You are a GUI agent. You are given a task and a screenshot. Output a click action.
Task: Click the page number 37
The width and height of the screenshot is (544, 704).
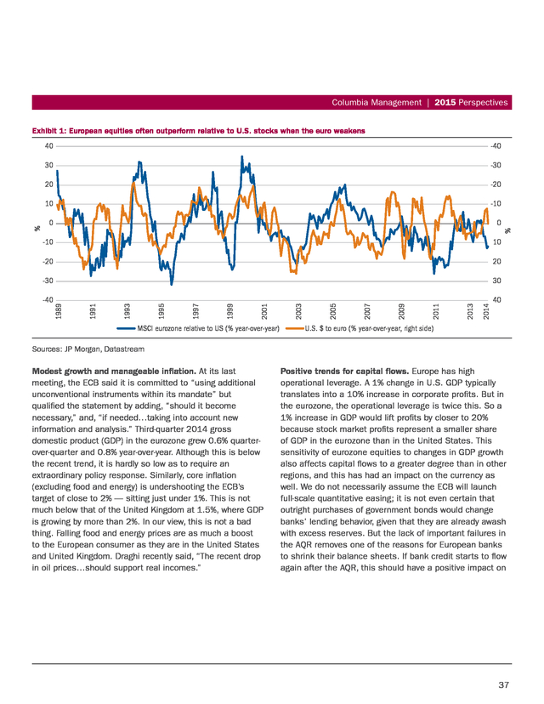tap(503, 684)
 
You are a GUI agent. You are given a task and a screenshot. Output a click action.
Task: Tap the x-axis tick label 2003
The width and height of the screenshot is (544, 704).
tap(299, 311)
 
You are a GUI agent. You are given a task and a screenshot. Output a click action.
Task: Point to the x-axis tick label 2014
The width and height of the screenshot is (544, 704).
tap(485, 311)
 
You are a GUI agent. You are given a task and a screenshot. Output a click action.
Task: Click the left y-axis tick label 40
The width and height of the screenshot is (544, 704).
tap(49, 146)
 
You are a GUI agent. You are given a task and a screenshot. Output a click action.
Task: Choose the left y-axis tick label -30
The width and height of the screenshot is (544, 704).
tap(48, 281)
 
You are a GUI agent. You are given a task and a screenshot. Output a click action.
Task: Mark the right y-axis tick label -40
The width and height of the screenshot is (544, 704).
tap(496, 146)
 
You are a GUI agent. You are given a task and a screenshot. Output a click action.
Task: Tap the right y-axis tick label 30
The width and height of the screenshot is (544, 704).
tap(496, 281)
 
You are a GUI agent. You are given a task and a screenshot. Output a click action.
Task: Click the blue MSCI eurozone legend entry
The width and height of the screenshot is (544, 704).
tap(198, 329)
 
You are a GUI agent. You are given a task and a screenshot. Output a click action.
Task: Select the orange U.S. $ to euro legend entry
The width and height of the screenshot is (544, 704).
tap(360, 329)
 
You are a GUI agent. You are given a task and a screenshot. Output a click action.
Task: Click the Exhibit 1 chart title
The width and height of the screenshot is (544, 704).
tap(198, 131)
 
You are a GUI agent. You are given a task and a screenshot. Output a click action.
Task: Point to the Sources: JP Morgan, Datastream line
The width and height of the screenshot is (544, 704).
tap(88, 349)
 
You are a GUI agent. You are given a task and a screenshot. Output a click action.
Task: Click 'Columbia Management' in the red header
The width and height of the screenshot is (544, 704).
tap(377, 102)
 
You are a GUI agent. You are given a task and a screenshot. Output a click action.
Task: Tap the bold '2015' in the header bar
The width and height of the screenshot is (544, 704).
tap(445, 102)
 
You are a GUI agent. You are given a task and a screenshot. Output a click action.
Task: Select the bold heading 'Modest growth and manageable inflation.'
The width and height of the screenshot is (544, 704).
tap(114, 372)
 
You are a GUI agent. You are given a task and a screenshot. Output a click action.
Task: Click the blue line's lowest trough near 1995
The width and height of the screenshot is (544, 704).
tap(171, 284)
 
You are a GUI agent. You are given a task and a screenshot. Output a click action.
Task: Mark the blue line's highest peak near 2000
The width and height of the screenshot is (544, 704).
tap(242, 156)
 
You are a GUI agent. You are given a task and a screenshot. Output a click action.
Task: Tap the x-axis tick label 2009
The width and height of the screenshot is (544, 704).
tap(402, 311)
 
